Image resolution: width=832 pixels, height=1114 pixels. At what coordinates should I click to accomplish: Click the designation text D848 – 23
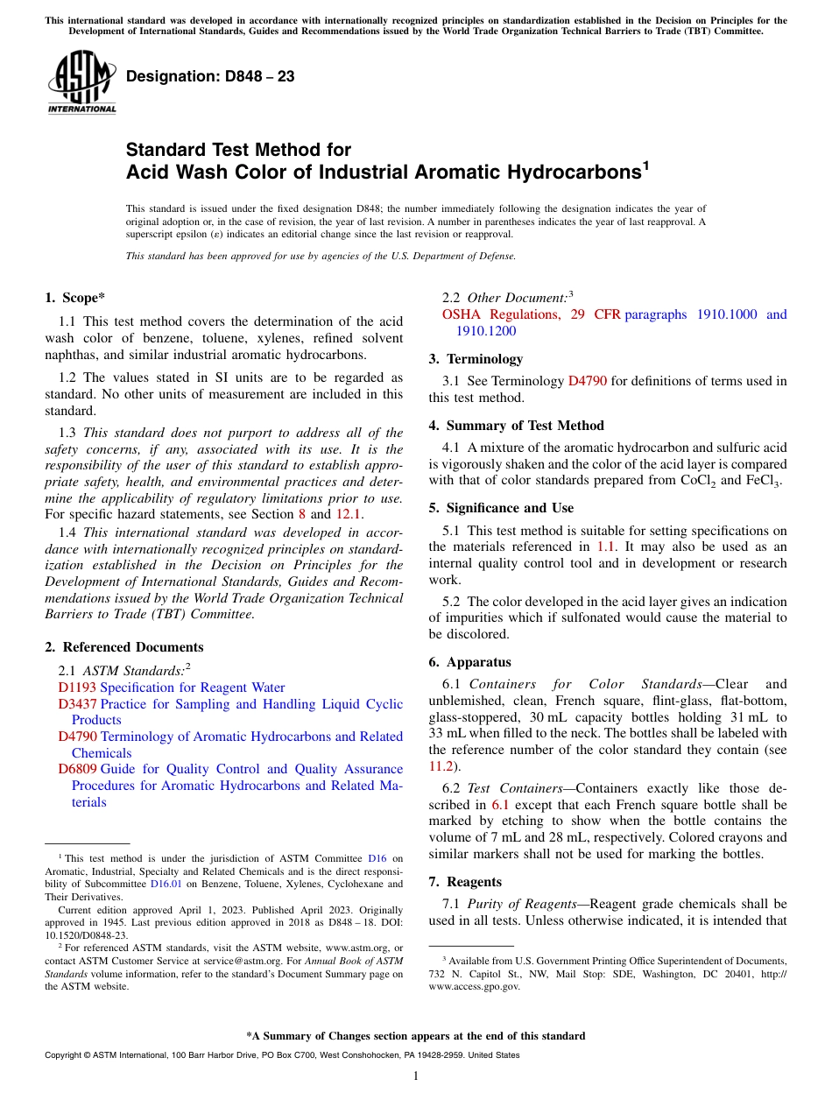coord(210,77)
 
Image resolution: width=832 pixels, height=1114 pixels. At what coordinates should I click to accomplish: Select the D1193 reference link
coord(77,687)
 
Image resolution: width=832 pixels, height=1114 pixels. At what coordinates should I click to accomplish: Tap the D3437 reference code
coord(77,704)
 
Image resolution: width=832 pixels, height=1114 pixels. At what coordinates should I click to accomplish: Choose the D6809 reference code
coord(77,769)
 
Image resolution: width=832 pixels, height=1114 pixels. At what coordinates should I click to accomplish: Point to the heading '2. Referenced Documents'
coord(123,647)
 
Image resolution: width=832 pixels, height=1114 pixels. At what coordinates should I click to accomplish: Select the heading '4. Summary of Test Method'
coord(516,426)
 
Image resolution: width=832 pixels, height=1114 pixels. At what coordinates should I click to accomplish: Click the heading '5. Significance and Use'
coord(501,508)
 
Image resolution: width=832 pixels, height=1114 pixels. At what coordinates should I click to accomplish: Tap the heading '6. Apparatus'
coord(469,662)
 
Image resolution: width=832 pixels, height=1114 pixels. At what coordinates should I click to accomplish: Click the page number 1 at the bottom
coord(416,1076)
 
